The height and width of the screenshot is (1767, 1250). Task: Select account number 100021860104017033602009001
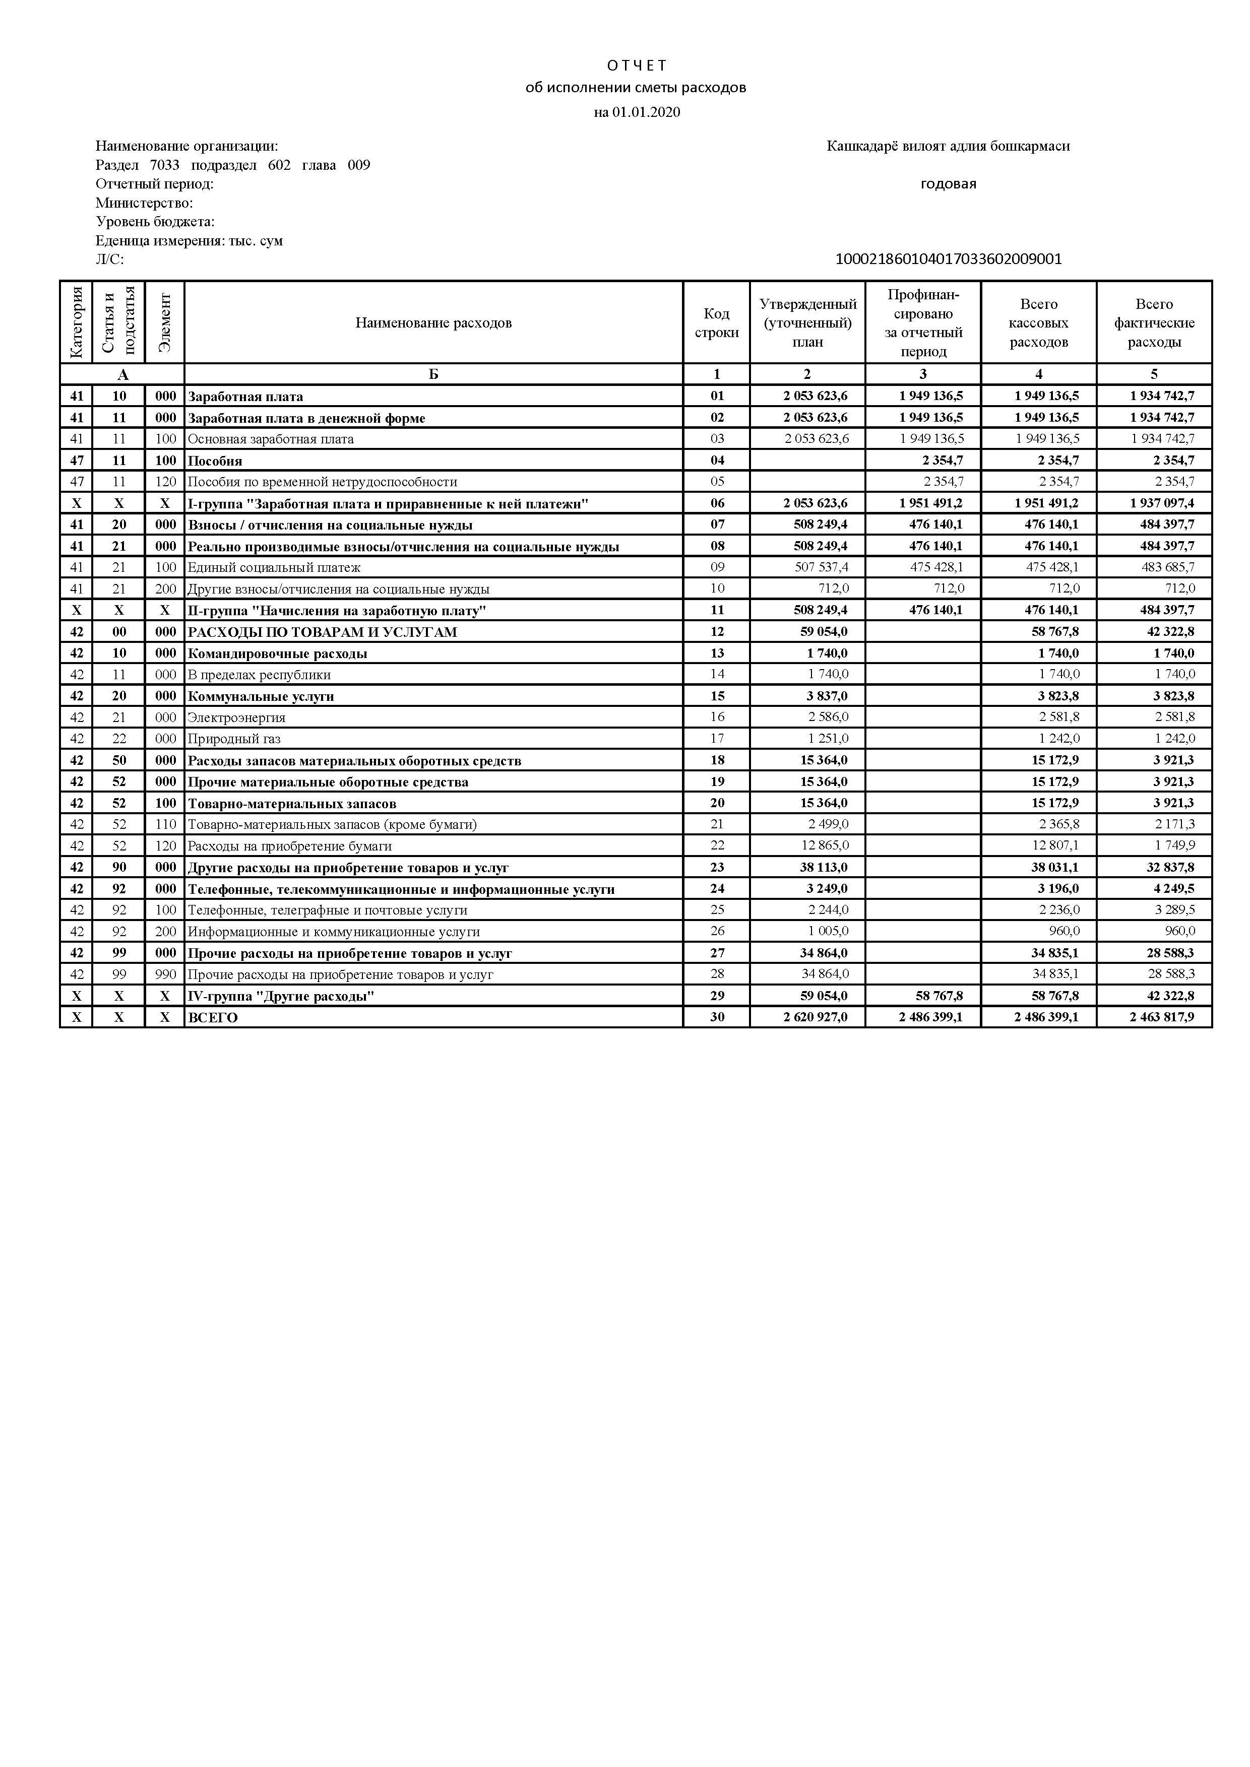948,259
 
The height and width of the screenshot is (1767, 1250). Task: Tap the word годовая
948,184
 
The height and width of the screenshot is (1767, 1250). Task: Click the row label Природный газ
234,739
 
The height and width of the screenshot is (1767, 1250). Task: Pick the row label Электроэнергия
236,717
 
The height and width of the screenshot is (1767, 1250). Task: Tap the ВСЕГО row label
213,1017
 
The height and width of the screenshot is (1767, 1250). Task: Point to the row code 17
717,739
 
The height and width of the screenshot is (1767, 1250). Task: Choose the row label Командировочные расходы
278,653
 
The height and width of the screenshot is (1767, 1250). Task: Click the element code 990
165,974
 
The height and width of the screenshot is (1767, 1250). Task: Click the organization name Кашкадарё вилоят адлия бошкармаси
948,146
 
